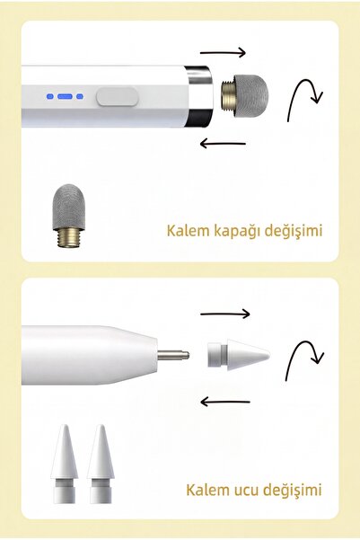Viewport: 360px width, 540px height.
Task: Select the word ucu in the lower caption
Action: pyautogui.click(x=246, y=490)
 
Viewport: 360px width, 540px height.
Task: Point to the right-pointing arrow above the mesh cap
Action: pyautogui.click(x=223, y=52)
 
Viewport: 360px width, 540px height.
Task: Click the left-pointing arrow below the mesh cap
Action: pyautogui.click(x=223, y=143)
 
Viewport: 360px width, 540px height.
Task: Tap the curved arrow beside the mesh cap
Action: pyautogui.click(x=303, y=98)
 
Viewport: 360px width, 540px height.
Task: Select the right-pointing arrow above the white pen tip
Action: pyautogui.click(x=224, y=314)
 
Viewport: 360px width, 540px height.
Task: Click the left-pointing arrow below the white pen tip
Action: pyautogui.click(x=224, y=402)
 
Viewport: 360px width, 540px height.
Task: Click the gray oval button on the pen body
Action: pyautogui.click(x=117, y=96)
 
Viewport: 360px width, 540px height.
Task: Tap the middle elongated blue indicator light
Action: pyautogui.click(x=65, y=97)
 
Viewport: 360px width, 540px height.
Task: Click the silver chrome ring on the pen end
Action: pyautogui.click(x=199, y=96)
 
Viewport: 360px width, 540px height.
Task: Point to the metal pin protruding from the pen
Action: pyautogui.click(x=173, y=355)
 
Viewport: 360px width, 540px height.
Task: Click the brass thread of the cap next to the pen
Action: pyautogui.click(x=227, y=96)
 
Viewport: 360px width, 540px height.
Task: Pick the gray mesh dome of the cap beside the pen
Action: pyautogui.click(x=250, y=96)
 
